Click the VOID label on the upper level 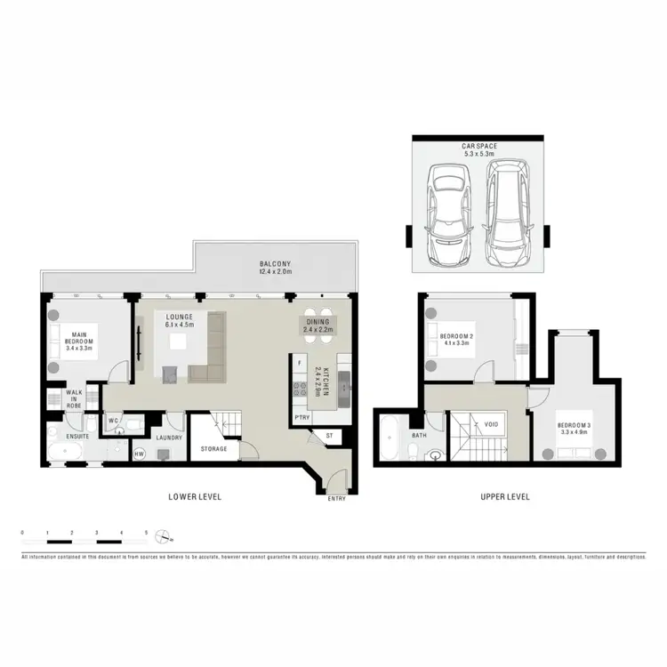tap(492, 424)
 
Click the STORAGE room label tap(214, 449)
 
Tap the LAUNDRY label tap(169, 438)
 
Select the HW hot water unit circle tap(139, 454)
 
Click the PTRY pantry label tap(302, 416)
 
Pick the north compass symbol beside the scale tap(164, 535)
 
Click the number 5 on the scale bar tap(147, 531)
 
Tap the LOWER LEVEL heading tap(195, 496)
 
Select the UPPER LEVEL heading tap(504, 496)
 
